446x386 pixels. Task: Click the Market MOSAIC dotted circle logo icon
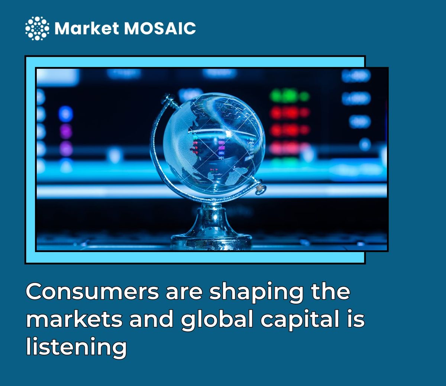(37, 28)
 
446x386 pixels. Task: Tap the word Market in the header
(87, 28)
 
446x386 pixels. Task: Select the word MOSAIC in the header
(160, 28)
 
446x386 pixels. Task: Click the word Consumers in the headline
(92, 292)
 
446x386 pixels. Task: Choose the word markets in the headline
(74, 319)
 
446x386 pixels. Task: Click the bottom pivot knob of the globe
(259, 188)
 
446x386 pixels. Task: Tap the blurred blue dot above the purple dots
(66, 113)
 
